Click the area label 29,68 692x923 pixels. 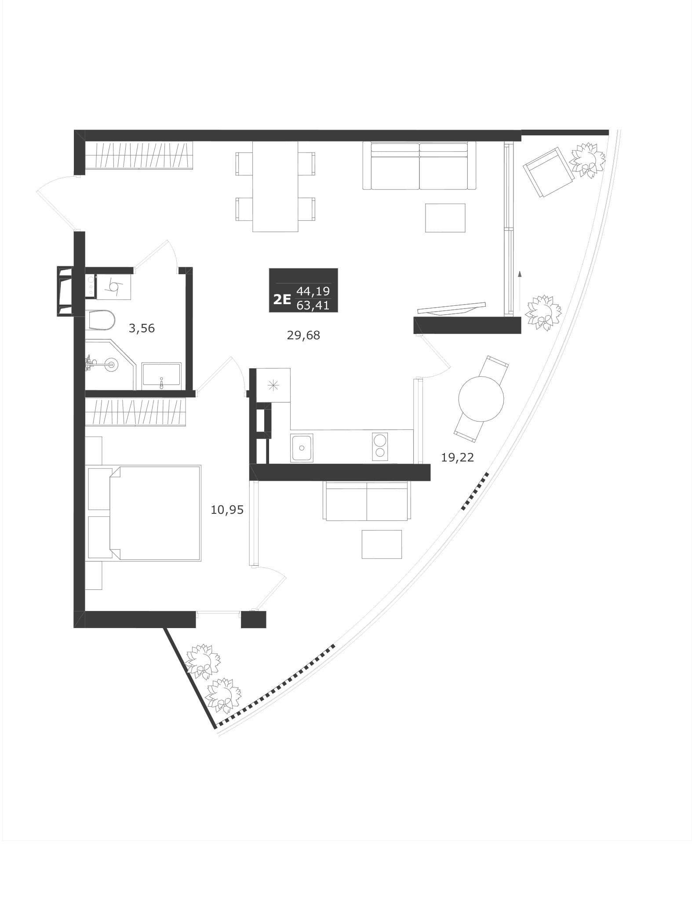tap(303, 336)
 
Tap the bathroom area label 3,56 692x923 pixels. tap(142, 328)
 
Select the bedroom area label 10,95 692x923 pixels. tap(227, 510)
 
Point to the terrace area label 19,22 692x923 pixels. tap(458, 458)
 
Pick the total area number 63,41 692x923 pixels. tap(313, 305)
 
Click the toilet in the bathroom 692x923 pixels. tap(101, 320)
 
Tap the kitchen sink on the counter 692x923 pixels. tap(302, 448)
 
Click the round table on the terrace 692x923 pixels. tap(481, 399)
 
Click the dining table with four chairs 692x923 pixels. tap(275, 186)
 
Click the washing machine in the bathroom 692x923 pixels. tap(114, 287)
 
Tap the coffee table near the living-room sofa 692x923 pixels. tap(445, 218)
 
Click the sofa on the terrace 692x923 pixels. tap(367, 501)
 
